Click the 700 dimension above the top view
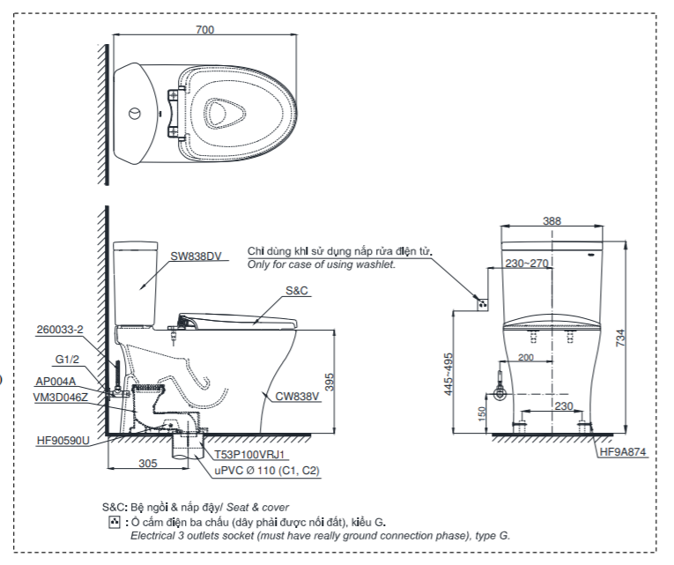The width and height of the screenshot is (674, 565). click(x=204, y=30)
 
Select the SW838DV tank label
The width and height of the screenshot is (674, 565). click(x=196, y=256)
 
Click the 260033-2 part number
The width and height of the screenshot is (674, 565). click(x=60, y=330)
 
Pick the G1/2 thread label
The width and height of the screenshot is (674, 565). click(x=68, y=360)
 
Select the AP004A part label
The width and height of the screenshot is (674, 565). click(x=56, y=382)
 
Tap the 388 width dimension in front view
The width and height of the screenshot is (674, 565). click(x=552, y=221)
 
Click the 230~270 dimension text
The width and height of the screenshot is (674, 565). click(x=527, y=263)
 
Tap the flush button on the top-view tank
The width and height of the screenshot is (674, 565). click(x=133, y=114)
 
